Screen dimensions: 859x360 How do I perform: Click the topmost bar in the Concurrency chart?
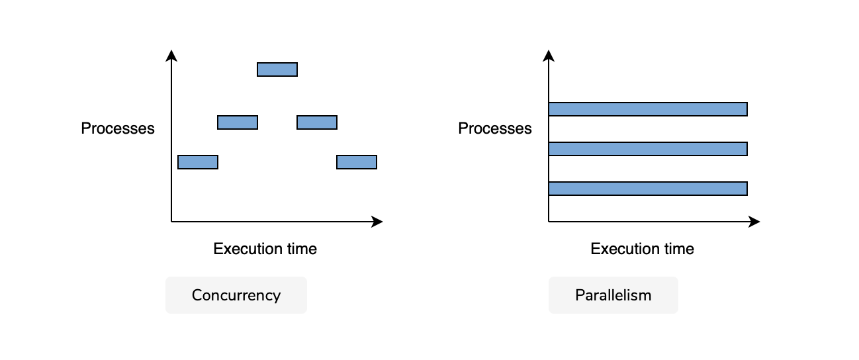(277, 69)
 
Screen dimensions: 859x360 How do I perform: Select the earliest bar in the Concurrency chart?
(198, 162)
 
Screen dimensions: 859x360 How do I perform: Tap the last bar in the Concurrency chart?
(357, 162)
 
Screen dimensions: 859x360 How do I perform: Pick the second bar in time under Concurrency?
(238, 122)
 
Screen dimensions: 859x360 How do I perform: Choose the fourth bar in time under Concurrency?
(317, 122)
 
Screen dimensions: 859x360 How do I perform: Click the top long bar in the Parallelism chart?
(648, 109)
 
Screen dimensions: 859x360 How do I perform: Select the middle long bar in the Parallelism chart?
(648, 149)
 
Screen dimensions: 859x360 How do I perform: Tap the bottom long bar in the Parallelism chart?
(648, 189)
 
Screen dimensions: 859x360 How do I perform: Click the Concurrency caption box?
(236, 295)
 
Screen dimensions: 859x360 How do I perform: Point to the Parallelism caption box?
(613, 295)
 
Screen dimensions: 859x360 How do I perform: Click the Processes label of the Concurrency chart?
(118, 128)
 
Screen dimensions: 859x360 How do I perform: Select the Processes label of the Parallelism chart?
(495, 128)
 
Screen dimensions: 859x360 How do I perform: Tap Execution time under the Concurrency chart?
(265, 249)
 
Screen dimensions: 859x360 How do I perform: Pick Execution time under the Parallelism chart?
(643, 249)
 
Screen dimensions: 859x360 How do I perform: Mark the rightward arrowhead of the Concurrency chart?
(377, 222)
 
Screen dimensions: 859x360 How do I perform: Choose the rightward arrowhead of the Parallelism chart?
(754, 222)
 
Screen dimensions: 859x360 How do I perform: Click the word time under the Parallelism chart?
(679, 249)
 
